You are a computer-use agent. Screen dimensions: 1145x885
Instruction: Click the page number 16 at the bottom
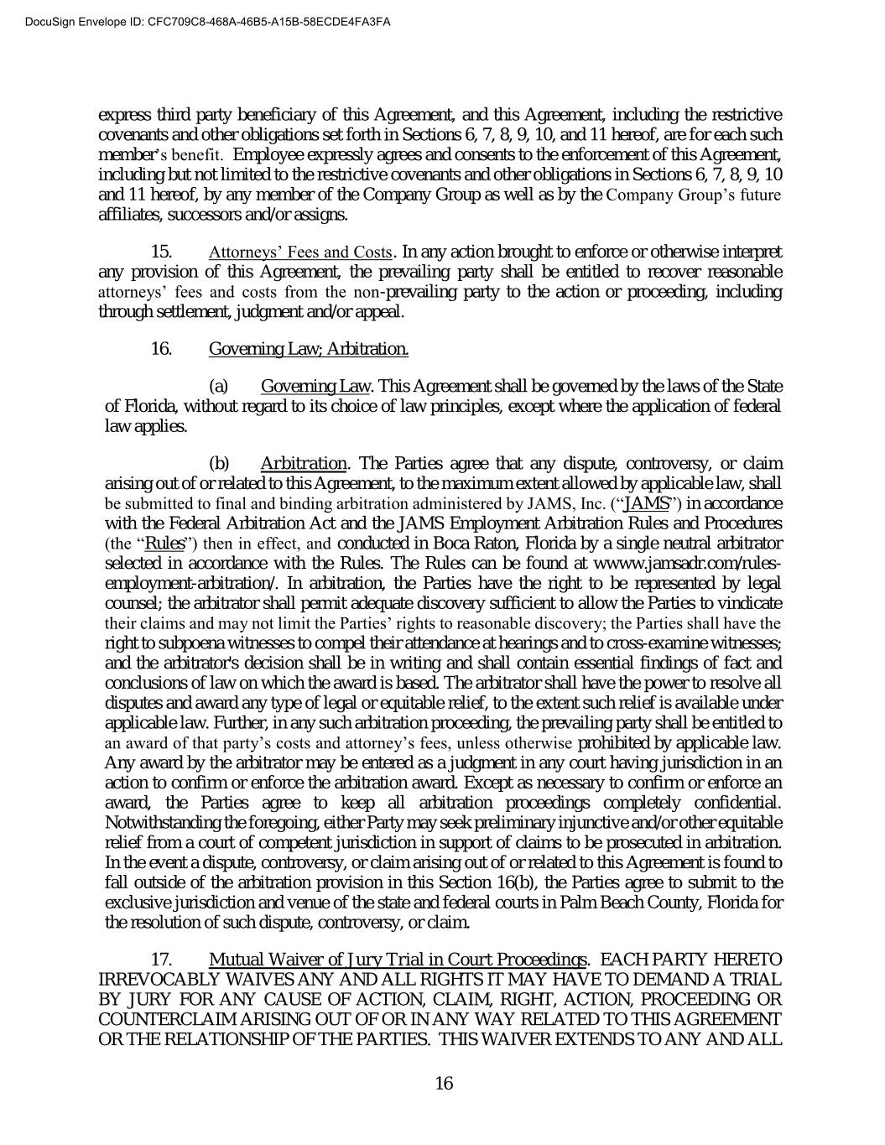click(x=444, y=1083)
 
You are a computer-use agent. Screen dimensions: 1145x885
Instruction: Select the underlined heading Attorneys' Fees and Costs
click(x=300, y=252)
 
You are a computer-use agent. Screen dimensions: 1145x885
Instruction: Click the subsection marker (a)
click(x=218, y=387)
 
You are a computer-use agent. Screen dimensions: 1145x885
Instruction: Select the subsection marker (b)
click(x=218, y=464)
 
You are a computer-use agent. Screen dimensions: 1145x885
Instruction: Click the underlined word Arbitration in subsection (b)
click(x=304, y=464)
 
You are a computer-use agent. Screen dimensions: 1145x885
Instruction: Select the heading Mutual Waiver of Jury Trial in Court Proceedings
click(x=398, y=960)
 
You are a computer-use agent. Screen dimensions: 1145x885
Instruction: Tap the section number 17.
click(x=161, y=960)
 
